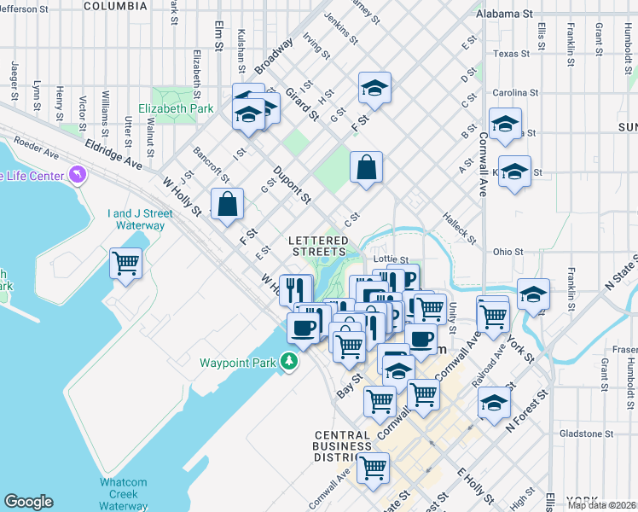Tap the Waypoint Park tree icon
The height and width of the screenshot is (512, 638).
290,362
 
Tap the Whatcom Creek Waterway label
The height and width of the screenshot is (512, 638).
123,494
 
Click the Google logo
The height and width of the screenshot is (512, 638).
28,502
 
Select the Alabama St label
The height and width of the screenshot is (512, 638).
516,15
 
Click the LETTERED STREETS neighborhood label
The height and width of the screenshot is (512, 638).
319,246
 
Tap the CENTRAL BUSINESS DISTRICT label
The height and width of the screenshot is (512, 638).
341,445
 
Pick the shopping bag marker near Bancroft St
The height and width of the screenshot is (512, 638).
227,205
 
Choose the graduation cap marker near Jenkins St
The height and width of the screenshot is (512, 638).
374,87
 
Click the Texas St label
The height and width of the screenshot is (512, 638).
511,54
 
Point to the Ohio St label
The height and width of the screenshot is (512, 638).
507,252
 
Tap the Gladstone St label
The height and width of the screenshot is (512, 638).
587,433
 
